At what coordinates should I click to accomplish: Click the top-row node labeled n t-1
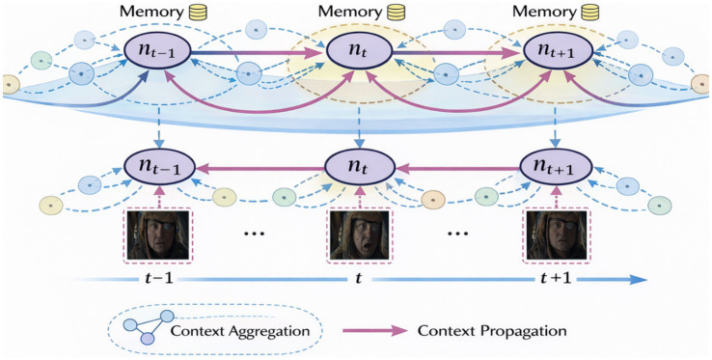pos(155,50)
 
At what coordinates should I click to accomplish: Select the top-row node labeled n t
pos(359,50)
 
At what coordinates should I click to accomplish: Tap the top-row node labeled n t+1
pos(558,50)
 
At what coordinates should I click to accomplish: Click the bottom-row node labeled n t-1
pos(159,166)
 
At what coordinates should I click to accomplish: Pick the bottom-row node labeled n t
pos(359,166)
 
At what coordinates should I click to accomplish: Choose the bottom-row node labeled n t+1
pos(557,166)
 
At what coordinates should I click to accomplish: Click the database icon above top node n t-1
pos(199,12)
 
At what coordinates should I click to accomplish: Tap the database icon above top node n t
pos(396,12)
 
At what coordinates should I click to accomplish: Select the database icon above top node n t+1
pos(589,12)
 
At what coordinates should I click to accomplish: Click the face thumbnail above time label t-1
pos(157,235)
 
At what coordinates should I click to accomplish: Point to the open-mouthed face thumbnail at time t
pos(359,235)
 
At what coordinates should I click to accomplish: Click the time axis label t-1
pos(155,278)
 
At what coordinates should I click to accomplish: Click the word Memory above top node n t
pos(349,12)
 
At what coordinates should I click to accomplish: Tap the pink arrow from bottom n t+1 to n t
pos(457,169)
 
